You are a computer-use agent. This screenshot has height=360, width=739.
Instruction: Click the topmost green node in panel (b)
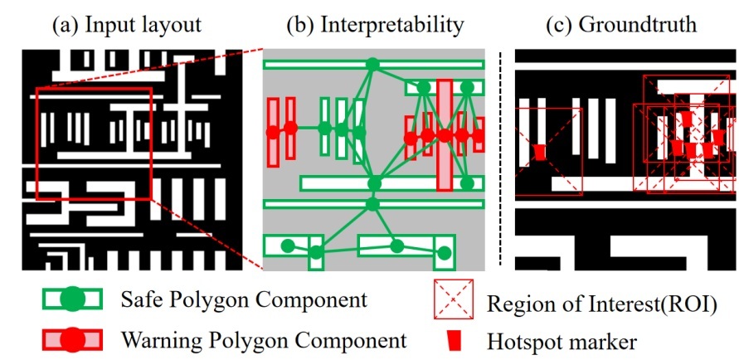(x=372, y=64)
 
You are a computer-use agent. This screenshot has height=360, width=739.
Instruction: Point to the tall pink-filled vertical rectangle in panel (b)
(x=445, y=138)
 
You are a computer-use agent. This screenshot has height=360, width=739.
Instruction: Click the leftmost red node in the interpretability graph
(x=272, y=130)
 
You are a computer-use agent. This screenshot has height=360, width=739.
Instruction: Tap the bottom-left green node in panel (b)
(x=288, y=245)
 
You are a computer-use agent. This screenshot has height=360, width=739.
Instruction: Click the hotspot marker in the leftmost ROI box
(x=540, y=153)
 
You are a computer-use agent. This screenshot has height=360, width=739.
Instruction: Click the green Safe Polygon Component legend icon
(x=73, y=299)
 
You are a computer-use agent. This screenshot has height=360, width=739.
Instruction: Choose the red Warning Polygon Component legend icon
(x=73, y=339)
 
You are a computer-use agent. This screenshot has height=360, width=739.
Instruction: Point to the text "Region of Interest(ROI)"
(x=601, y=300)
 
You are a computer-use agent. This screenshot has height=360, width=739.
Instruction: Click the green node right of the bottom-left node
(x=316, y=251)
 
